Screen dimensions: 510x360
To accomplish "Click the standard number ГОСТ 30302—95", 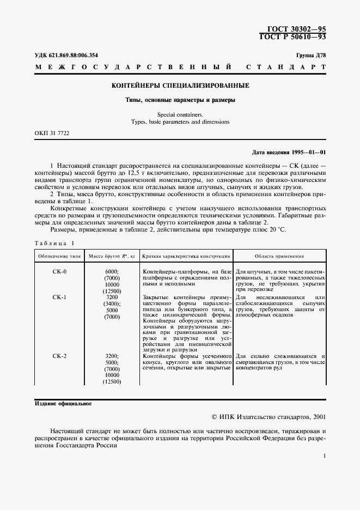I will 299,28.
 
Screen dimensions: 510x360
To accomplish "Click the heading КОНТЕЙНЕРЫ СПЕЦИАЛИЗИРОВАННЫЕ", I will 180,86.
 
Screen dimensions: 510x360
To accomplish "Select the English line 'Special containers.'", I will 180,114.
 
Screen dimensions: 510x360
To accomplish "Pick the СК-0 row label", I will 59,271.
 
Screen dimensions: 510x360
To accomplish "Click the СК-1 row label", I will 59,297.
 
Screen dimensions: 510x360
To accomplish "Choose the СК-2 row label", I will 59,356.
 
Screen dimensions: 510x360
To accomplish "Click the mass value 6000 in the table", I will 111,271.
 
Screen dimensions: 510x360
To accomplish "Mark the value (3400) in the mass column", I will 111,303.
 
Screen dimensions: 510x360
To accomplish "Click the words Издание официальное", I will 63,404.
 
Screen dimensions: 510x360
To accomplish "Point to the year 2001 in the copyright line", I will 317,417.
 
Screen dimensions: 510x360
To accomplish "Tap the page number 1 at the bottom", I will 324,457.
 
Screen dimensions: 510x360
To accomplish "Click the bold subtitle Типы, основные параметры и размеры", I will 180,100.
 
